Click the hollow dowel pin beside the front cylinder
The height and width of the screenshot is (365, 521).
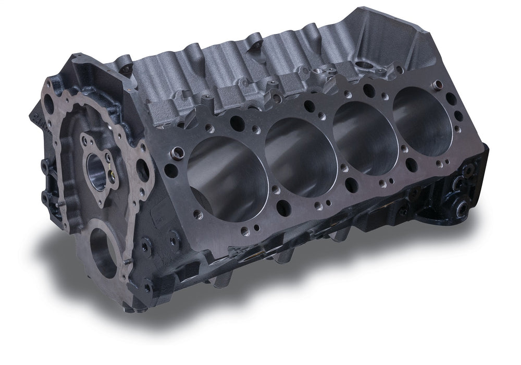[x=178, y=152]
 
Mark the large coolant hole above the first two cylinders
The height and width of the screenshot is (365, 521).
[x=237, y=124]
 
